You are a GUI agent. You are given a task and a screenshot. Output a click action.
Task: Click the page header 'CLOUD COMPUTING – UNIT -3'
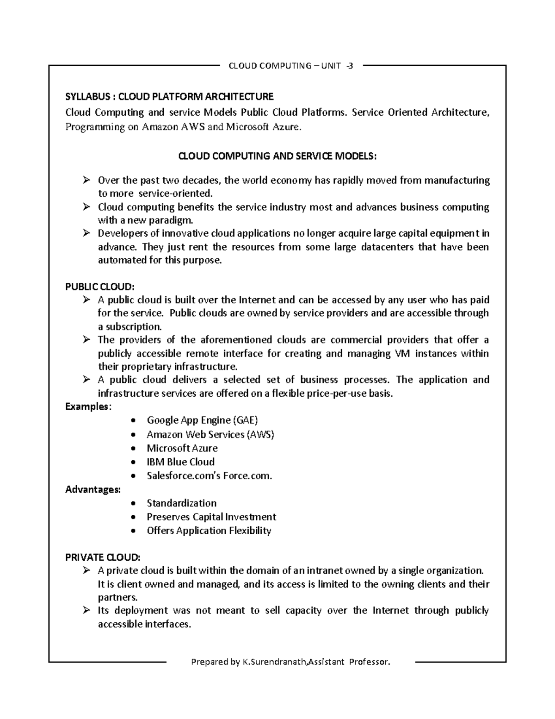tap(291, 66)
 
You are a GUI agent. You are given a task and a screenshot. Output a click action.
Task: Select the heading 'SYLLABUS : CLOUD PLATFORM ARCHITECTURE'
tap(169, 97)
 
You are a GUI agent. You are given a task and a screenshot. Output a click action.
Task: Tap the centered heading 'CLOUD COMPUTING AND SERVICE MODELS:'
tap(277, 156)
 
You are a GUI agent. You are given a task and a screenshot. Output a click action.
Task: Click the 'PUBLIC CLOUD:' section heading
tap(99, 287)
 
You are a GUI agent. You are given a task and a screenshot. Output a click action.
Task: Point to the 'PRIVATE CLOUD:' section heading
tap(102, 557)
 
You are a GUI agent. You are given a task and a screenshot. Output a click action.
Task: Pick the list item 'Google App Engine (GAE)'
tap(202, 420)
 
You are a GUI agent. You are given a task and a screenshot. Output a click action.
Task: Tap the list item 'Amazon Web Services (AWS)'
tap(210, 434)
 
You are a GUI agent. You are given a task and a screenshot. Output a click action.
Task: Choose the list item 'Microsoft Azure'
tap(182, 448)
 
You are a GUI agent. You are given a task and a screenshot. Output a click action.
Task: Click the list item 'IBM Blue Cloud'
tap(180, 462)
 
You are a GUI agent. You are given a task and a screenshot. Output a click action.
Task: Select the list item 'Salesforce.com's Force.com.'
tap(209, 476)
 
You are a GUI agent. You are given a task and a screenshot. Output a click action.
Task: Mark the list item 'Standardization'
tap(181, 503)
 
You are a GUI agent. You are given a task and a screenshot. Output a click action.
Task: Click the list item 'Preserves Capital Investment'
tap(211, 517)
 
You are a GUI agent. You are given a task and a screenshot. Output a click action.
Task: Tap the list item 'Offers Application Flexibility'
tap(209, 531)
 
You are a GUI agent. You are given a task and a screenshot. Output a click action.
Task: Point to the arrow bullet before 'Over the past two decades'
tap(86, 180)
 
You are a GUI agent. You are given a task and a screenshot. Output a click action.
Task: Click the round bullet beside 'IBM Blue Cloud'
tap(134, 463)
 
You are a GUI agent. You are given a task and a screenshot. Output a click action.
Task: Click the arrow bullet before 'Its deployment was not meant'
tap(86, 611)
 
